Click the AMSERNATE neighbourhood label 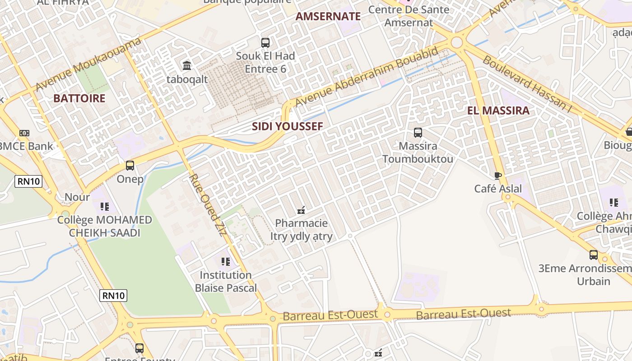[328, 17]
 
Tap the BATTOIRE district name [79, 98]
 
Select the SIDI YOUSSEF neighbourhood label [288, 126]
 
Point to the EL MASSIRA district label [498, 111]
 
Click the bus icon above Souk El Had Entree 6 [265, 43]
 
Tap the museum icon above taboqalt [187, 66]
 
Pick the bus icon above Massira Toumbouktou [418, 133]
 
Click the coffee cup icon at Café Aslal [498, 175]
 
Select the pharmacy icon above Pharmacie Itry [301, 210]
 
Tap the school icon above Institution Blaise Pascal [226, 262]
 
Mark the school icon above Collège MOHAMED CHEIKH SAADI [105, 207]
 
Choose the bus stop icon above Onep [130, 166]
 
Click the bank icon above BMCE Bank [24, 133]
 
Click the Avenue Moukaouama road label [88, 64]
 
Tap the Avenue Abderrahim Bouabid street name [366, 77]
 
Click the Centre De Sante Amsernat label [409, 16]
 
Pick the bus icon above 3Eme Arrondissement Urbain [594, 255]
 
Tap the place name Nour [77, 197]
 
